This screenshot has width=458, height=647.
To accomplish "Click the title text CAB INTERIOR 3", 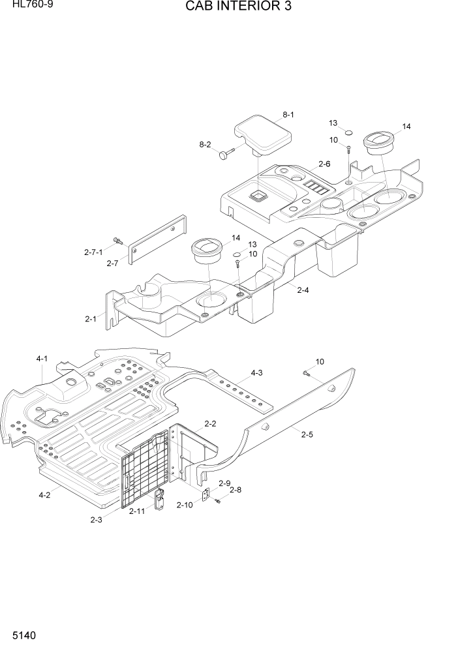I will click(x=229, y=7).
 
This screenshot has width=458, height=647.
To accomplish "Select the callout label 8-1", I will click(x=288, y=115).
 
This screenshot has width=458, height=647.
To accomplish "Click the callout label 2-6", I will click(x=324, y=164).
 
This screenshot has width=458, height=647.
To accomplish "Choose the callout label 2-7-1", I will click(x=94, y=252).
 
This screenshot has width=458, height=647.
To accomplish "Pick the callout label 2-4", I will click(x=303, y=290).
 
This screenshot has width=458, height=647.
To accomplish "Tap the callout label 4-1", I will click(x=42, y=358).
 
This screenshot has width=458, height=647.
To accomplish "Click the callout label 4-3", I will click(x=256, y=373).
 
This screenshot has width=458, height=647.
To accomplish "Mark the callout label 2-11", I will click(x=137, y=511).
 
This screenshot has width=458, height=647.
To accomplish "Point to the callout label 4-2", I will click(x=44, y=495).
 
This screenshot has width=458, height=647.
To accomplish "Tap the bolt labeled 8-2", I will click(x=226, y=153).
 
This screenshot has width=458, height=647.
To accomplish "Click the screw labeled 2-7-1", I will click(x=118, y=241).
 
